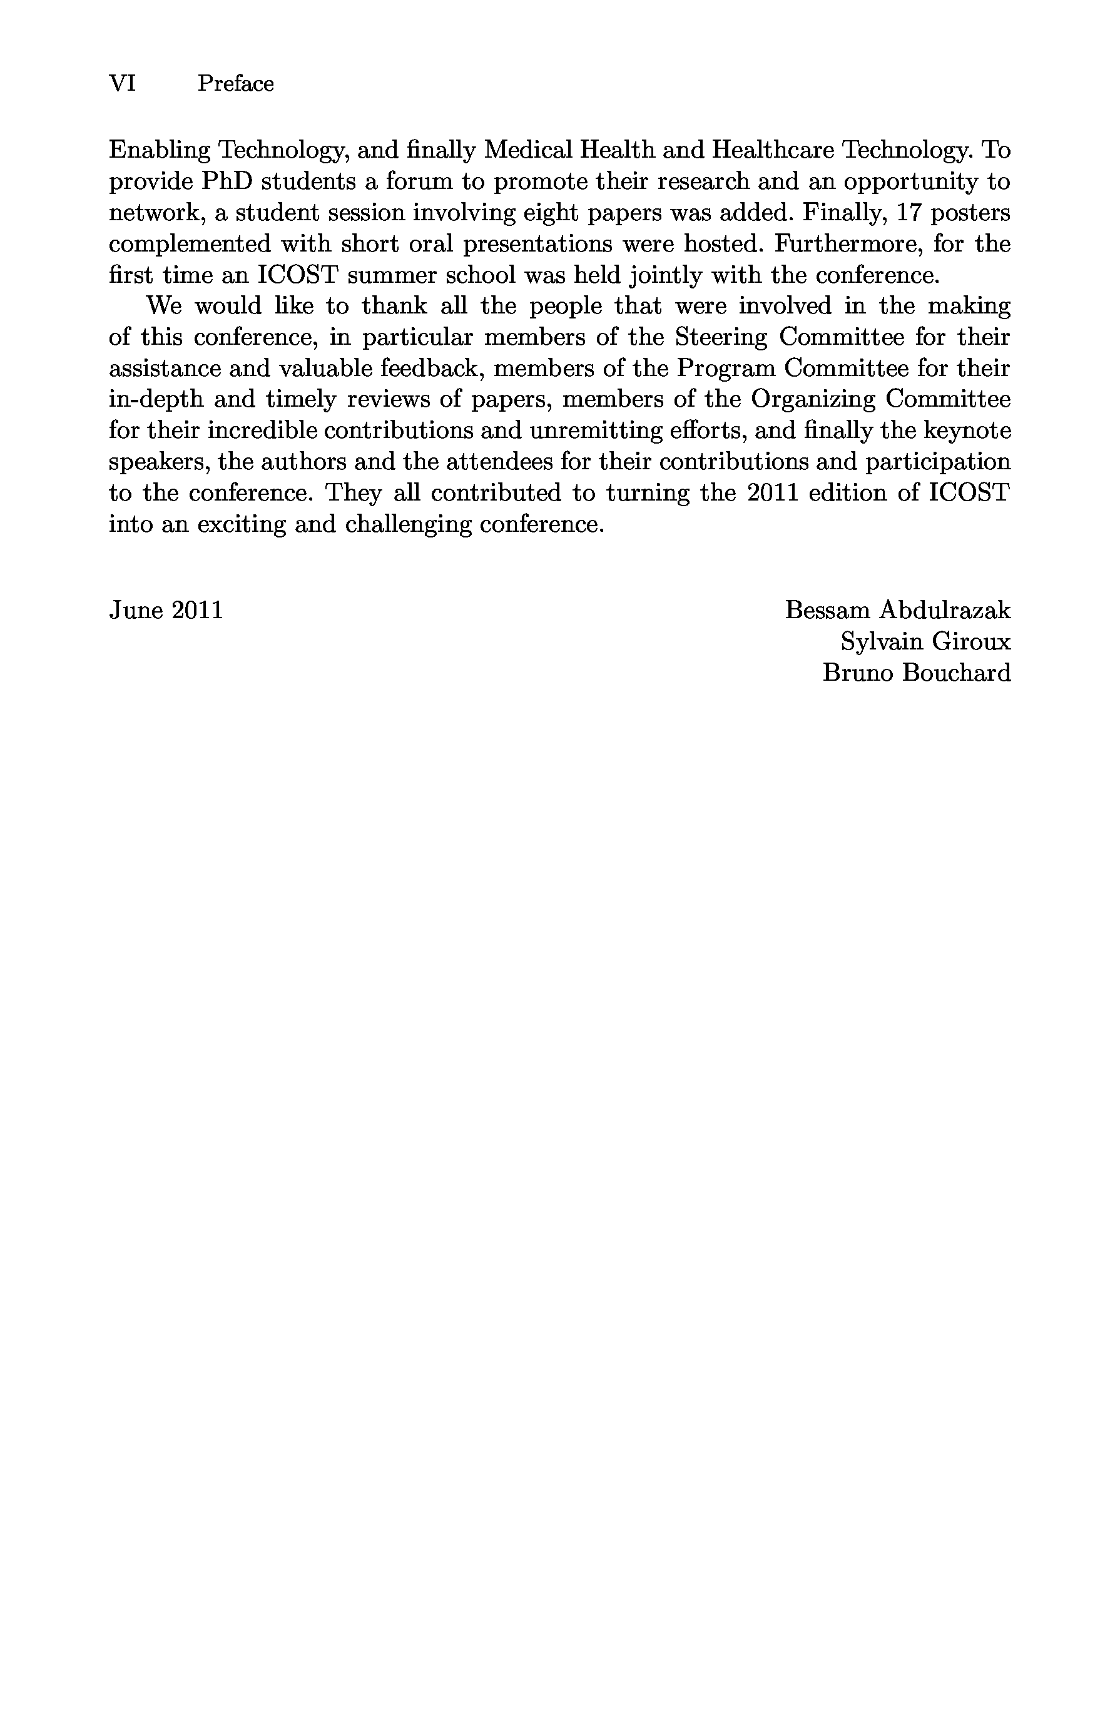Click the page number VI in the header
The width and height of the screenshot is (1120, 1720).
pyautogui.click(x=122, y=84)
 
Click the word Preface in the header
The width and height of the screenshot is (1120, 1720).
pyautogui.click(x=235, y=84)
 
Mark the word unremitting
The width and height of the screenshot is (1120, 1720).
pyautogui.click(x=594, y=430)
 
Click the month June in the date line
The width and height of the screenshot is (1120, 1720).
pyautogui.click(x=135, y=611)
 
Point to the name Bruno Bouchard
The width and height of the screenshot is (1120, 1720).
pyautogui.click(x=916, y=673)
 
